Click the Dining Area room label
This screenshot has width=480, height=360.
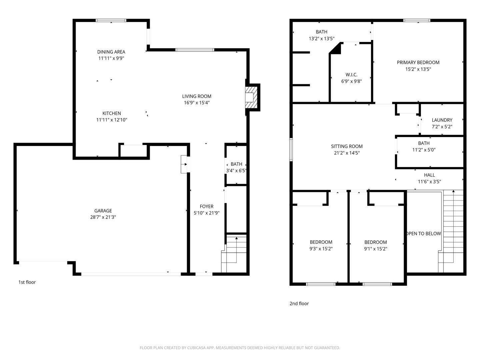coord(111,52)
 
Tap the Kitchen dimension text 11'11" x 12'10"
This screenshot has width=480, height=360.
coord(112,120)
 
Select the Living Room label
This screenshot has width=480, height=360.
coord(197,96)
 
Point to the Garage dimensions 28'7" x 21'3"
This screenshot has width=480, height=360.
coord(103,217)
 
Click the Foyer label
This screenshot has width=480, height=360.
coord(206,206)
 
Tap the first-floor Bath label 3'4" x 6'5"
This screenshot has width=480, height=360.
coord(236,167)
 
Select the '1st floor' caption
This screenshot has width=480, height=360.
coord(27,282)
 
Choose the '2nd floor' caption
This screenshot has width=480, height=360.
coord(299,303)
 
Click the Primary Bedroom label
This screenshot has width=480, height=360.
coord(418,62)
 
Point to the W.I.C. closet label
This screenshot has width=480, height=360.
coord(351,75)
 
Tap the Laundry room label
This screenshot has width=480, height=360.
coord(442,120)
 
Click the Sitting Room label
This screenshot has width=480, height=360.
coord(347,146)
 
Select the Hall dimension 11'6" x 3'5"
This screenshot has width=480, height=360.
coord(429,182)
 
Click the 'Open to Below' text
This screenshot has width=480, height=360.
coord(423,233)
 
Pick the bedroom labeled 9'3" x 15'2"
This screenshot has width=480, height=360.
coord(321,245)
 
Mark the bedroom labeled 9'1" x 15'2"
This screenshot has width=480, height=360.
coord(376,245)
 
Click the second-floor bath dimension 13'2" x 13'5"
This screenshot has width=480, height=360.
coord(321,39)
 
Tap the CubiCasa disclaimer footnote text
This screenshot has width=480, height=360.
coord(240,348)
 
